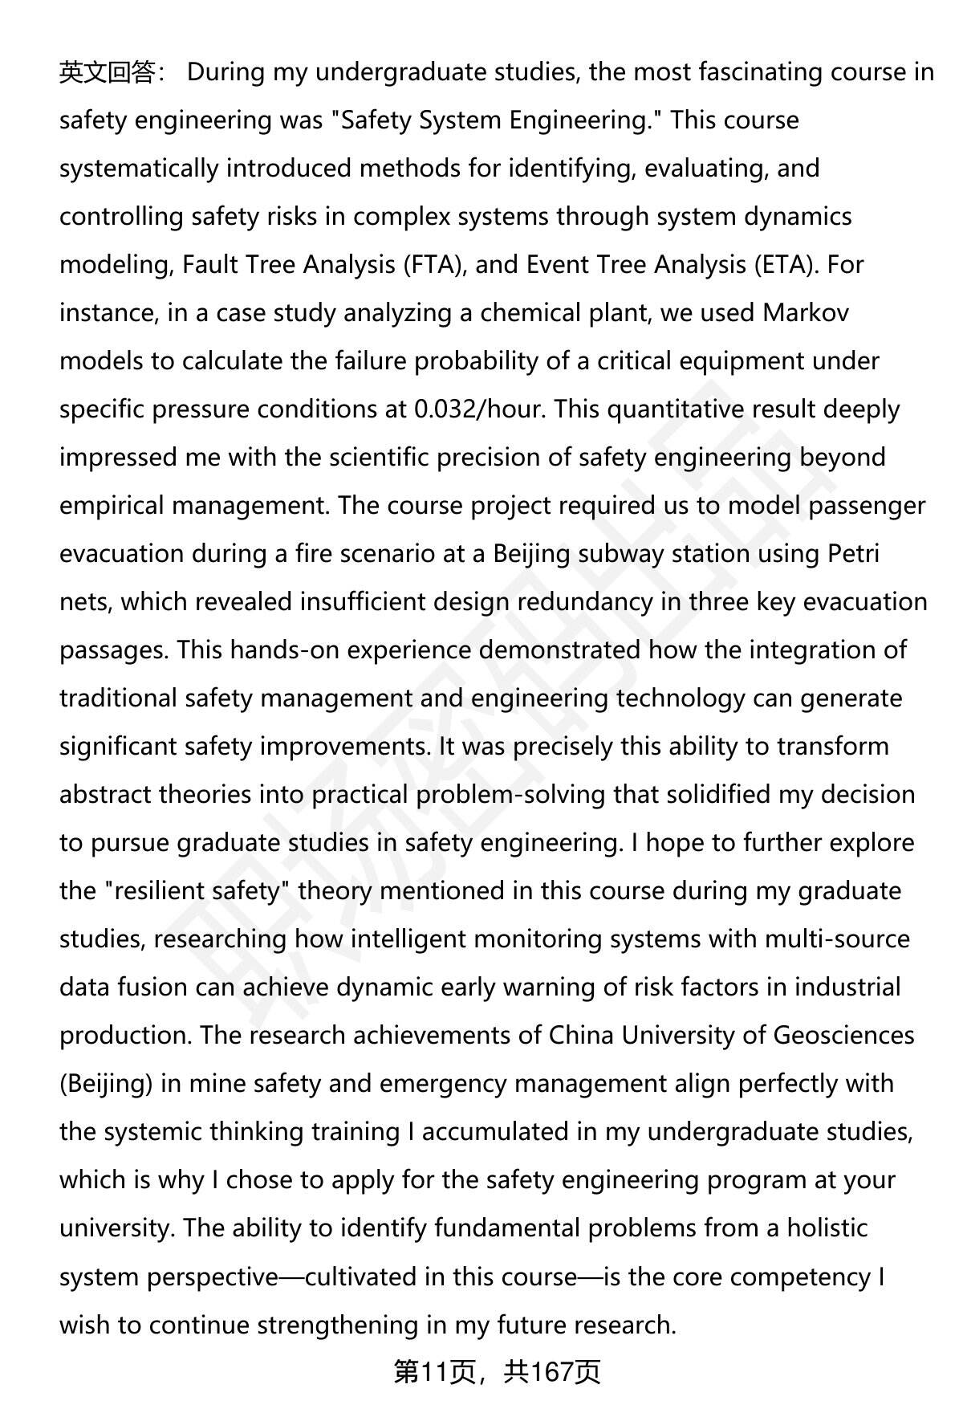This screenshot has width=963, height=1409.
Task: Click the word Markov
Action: (806, 313)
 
